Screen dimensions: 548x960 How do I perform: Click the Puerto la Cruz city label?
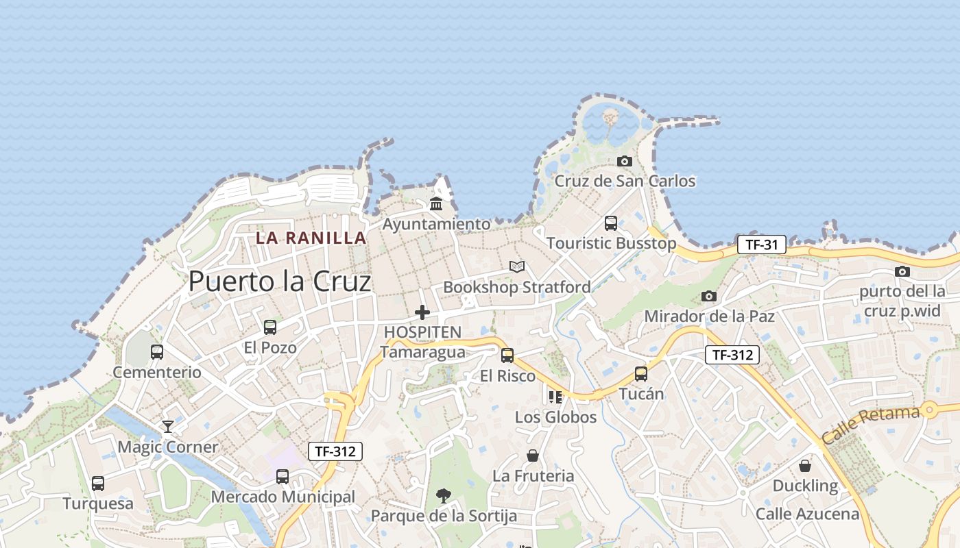pyautogui.click(x=280, y=282)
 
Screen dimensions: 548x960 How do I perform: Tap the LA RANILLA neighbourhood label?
pyautogui.click(x=311, y=238)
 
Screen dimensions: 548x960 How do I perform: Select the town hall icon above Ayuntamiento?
pyautogui.click(x=436, y=203)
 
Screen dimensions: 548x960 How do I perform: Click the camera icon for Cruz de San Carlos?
pyautogui.click(x=624, y=161)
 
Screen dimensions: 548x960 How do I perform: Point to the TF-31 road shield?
pyautogui.click(x=761, y=244)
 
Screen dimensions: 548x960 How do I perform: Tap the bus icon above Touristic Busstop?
pyautogui.click(x=610, y=223)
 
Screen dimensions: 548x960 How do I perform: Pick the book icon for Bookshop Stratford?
pyautogui.click(x=516, y=266)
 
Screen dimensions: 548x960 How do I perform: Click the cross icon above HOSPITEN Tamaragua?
pyautogui.click(x=422, y=312)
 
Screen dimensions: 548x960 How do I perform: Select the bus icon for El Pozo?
pyautogui.click(x=270, y=327)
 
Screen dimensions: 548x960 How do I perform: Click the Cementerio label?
pyautogui.click(x=157, y=373)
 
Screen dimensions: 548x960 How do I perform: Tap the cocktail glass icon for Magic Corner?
pyautogui.click(x=168, y=427)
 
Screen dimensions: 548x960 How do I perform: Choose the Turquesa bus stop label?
pyautogui.click(x=98, y=504)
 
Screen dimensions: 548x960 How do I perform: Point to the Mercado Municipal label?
pyautogui.click(x=283, y=497)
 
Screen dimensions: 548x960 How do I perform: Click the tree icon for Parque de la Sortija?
pyautogui.click(x=444, y=495)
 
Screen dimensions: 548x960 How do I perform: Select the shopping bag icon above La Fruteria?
pyautogui.click(x=532, y=455)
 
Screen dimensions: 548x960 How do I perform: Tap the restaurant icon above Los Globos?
pyautogui.click(x=555, y=397)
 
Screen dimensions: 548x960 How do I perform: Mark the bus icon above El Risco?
pyautogui.click(x=507, y=355)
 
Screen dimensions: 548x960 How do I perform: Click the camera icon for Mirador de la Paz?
pyautogui.click(x=709, y=296)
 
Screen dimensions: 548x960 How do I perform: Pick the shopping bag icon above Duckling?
pyautogui.click(x=805, y=466)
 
